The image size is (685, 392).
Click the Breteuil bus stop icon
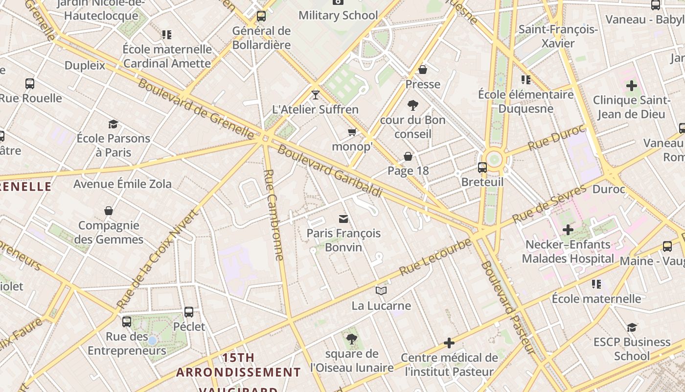[x=482, y=168]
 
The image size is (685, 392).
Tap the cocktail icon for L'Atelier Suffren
[x=316, y=95]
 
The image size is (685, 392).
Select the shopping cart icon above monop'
[x=352, y=132]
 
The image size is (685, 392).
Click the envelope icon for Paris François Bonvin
[x=343, y=219]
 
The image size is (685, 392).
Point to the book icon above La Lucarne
[x=381, y=291]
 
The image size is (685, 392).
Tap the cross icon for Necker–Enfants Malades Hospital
[x=568, y=229]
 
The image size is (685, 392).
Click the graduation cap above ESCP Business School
[x=632, y=327]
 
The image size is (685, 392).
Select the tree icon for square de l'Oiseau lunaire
[x=351, y=339]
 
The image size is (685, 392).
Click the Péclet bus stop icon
[x=189, y=312]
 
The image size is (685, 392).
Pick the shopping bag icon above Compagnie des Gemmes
[x=109, y=211]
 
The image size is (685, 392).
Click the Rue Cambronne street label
[x=274, y=215]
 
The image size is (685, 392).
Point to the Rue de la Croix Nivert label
[x=159, y=259]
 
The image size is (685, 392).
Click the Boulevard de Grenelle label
[x=196, y=108]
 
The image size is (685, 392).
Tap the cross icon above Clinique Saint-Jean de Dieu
[x=631, y=86]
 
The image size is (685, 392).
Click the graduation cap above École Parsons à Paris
[x=114, y=124]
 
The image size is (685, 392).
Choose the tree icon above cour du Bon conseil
[x=413, y=105]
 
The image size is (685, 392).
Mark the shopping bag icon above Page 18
[x=408, y=156]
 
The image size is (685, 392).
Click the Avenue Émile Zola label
[x=122, y=184]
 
